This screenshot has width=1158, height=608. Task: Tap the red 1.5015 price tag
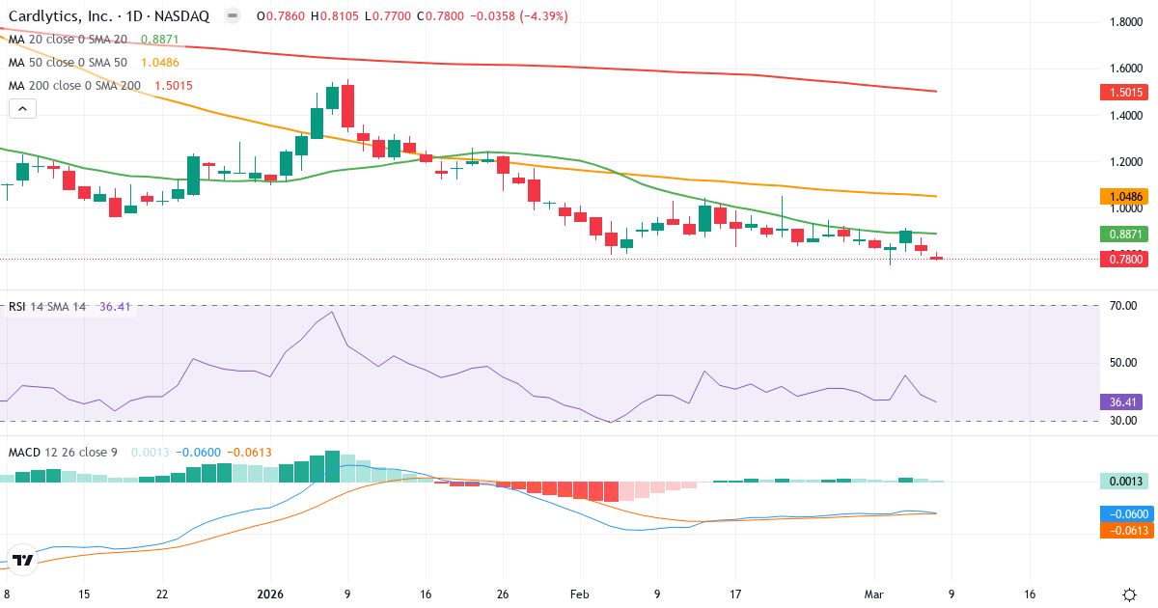point(1124,93)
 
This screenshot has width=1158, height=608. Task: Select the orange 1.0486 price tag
point(1124,197)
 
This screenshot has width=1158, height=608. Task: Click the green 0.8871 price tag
point(1124,235)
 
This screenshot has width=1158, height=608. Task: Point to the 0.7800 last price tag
point(1124,259)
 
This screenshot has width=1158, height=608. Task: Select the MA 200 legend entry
point(73,85)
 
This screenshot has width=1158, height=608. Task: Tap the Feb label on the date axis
point(578,594)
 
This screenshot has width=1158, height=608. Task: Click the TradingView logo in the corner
point(23,560)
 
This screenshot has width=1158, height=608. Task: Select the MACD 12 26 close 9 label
point(64,452)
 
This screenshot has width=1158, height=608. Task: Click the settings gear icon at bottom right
point(1129,594)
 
